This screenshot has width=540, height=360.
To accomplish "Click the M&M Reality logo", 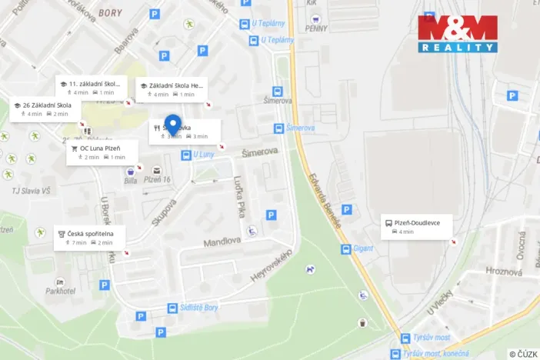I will (458, 34).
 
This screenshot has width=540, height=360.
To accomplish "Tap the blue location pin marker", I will (174, 125).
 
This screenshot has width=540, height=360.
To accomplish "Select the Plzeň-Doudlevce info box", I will (416, 226).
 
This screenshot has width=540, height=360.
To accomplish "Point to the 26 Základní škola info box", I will (46, 109).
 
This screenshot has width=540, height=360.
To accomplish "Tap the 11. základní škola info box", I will (92, 88).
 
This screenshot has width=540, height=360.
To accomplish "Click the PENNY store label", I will (316, 28).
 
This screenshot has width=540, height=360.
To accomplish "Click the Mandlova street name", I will (222, 242).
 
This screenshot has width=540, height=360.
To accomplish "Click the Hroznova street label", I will (504, 271).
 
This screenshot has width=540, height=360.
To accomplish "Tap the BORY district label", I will (111, 13).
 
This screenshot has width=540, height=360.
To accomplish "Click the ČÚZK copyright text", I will (523, 354).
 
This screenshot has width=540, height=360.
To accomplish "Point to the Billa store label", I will (131, 182).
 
